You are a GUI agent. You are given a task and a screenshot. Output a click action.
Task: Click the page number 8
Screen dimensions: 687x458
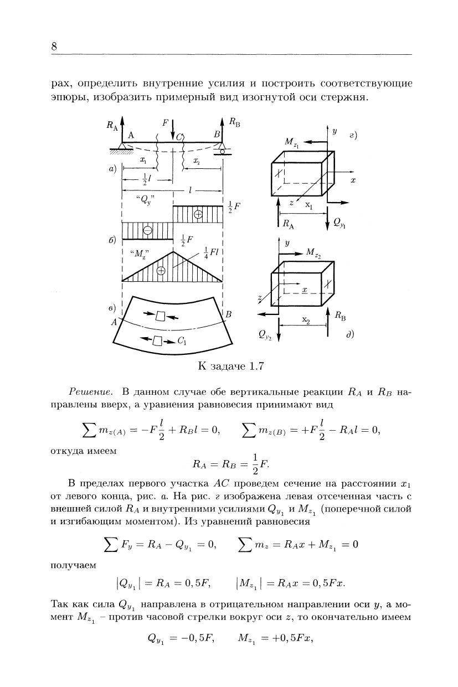pos(54,47)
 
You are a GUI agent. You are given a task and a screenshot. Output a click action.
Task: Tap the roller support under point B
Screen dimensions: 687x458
pos(222,148)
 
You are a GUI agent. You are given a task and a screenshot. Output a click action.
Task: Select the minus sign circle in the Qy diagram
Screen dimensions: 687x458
pos(148,231)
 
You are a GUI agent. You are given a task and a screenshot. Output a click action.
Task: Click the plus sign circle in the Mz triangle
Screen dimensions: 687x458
pos(161,271)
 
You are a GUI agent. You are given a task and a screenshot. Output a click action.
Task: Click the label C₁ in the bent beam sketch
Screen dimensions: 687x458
pos(181,342)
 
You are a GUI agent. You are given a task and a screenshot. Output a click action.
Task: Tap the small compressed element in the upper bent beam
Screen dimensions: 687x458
pos(161,316)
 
